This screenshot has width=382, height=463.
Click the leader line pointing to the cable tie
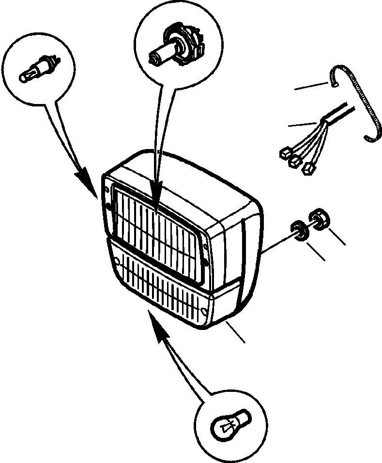click(312, 86)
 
